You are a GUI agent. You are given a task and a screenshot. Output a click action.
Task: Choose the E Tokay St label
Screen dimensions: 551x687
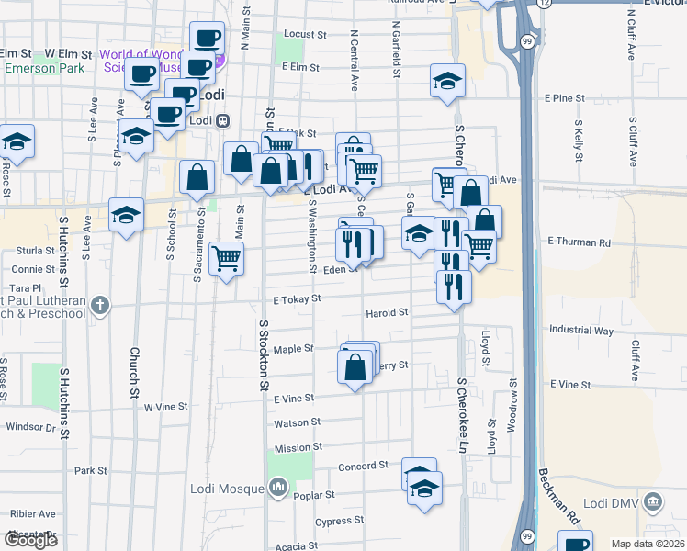[x=297, y=299]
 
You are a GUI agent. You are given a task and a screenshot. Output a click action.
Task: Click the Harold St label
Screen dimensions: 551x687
[x=387, y=313]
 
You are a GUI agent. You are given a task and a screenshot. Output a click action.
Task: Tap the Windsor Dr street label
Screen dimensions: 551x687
[x=31, y=427]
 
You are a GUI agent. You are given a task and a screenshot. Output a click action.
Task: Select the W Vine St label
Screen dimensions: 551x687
[x=165, y=405]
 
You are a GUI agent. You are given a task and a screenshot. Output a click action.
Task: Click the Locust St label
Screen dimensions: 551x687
[x=306, y=34]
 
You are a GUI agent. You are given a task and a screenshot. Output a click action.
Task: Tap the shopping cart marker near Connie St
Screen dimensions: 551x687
[x=226, y=258]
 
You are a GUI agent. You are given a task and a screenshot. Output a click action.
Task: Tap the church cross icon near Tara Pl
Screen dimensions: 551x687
[x=101, y=304]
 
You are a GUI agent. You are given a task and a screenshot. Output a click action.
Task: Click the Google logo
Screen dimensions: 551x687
[x=30, y=540]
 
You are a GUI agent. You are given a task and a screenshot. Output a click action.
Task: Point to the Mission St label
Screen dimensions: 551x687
[x=298, y=448]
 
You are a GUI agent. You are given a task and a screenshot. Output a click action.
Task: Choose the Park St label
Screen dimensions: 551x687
[x=92, y=471]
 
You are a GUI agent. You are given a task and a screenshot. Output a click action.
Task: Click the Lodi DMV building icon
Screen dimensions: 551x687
[x=653, y=502]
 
